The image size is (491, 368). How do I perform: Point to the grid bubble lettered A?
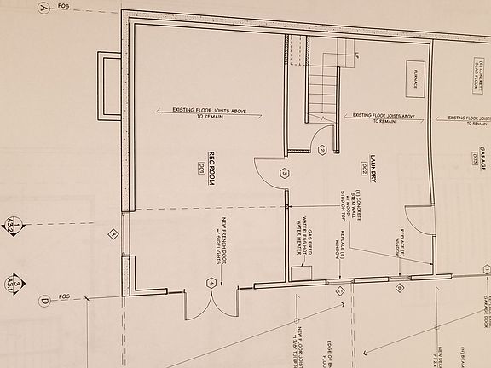coord(44,9)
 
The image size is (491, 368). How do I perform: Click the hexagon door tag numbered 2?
coord(322,151)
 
